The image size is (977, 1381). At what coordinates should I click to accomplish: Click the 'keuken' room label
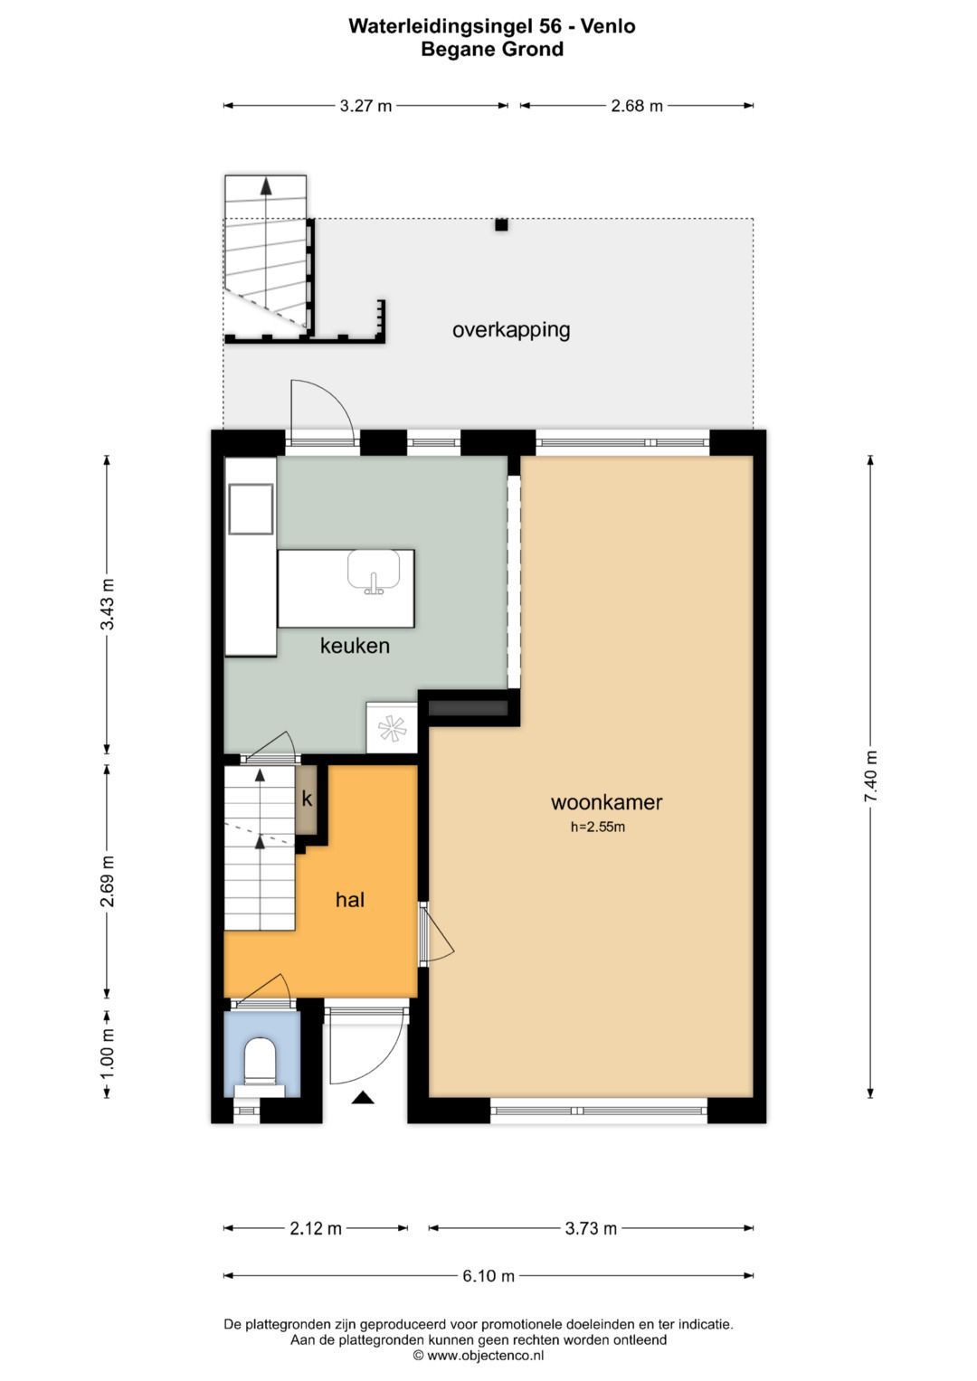(x=355, y=646)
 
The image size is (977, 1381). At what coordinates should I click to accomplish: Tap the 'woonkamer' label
(x=606, y=802)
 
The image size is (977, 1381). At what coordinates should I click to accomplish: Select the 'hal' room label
(x=350, y=900)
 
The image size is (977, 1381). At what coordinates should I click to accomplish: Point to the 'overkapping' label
(x=511, y=330)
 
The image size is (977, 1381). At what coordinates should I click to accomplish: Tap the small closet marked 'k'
(x=307, y=799)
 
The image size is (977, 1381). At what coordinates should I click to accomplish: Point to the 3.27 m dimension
(x=365, y=106)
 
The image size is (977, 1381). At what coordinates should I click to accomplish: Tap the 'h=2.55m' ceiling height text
(x=598, y=828)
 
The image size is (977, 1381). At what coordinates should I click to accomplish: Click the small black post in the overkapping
(x=501, y=225)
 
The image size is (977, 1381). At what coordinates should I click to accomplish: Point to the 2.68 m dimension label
(x=637, y=106)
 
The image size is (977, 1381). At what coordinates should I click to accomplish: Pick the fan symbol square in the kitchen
(x=392, y=727)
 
